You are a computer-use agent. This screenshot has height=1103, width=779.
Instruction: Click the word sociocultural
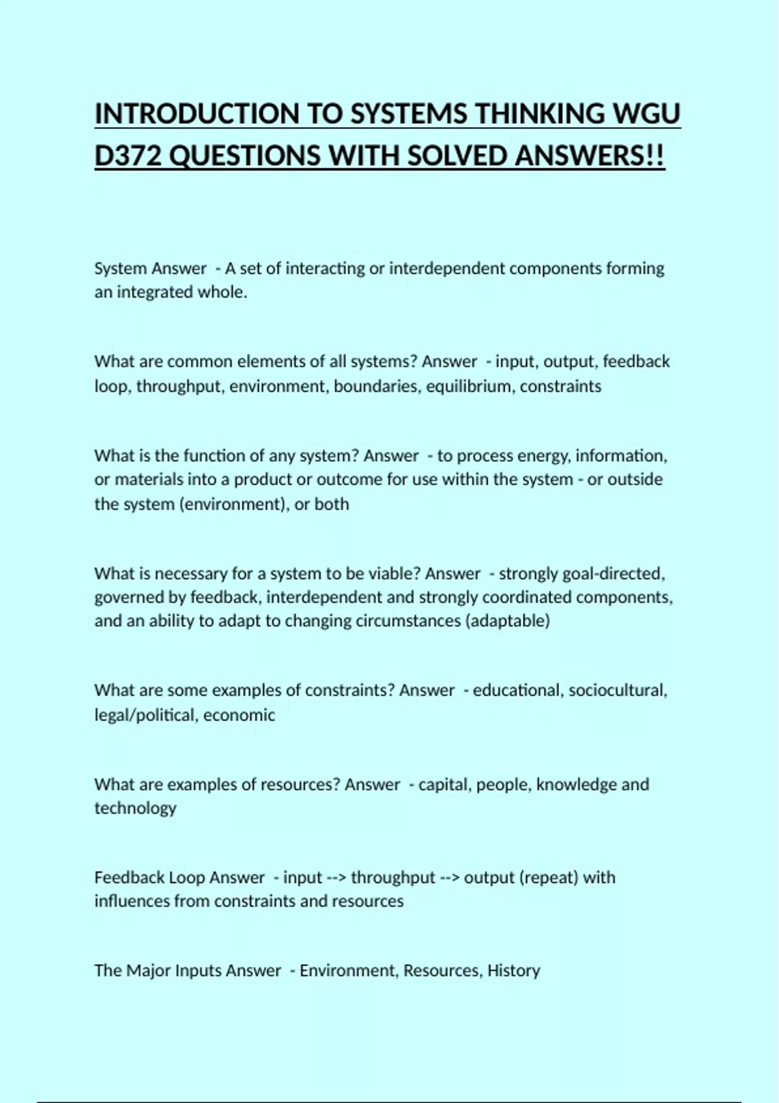(617, 690)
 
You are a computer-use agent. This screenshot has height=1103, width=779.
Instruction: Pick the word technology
(135, 808)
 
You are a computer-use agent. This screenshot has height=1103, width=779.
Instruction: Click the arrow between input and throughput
(336, 878)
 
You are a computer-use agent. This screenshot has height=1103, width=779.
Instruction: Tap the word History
(513, 971)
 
